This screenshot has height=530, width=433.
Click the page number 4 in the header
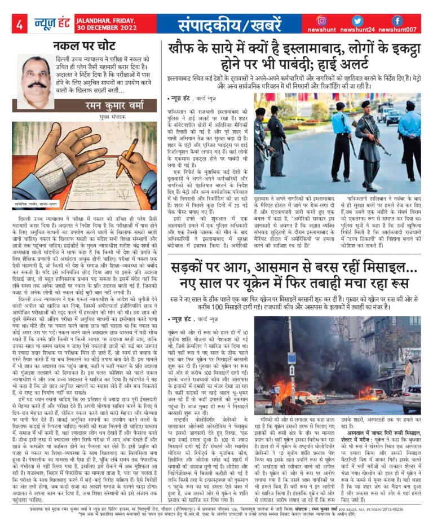19,24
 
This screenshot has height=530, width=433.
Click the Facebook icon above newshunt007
397,20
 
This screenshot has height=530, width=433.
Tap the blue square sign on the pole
292,358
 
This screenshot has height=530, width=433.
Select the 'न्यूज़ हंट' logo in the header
50,24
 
